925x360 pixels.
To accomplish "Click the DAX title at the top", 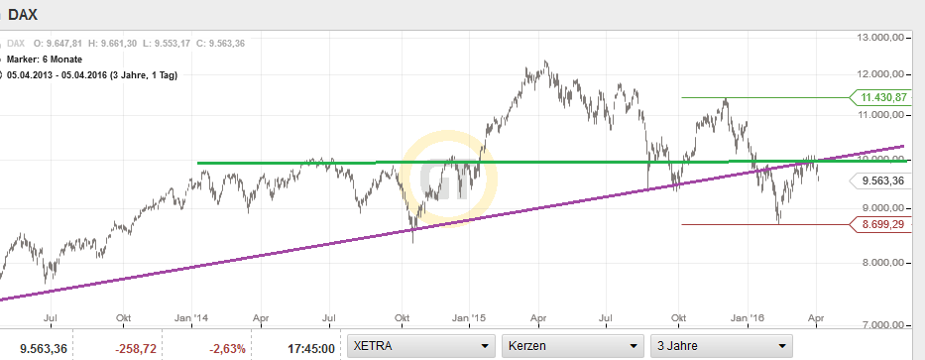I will [24, 15].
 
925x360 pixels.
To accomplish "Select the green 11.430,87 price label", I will [884, 97].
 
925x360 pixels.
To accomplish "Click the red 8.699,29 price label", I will [884, 225].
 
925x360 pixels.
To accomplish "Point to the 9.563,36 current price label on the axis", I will [884, 180].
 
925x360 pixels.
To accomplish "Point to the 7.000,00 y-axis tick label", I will [884, 324].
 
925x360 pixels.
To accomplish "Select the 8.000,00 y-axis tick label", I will [884, 263].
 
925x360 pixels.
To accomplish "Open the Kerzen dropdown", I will [571, 345].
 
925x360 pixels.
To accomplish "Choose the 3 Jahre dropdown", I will [721, 345].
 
